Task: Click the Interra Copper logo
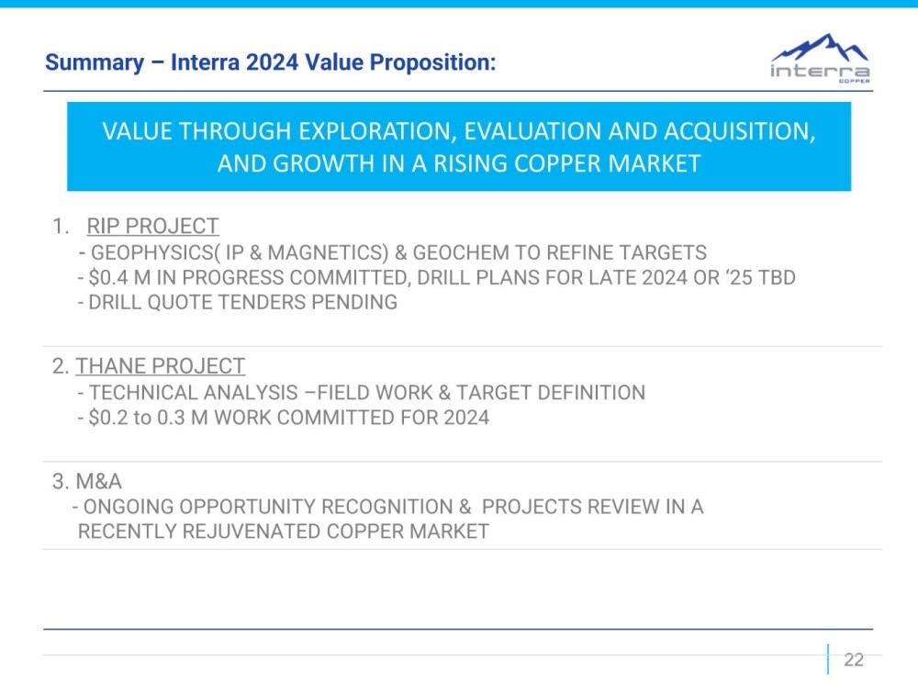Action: [820, 59]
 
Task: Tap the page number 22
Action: [854, 659]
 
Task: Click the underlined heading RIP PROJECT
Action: [152, 226]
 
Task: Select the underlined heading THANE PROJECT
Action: [161, 365]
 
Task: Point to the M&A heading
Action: [99, 481]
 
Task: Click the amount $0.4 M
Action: [119, 277]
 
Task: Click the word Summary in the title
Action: [95, 62]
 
